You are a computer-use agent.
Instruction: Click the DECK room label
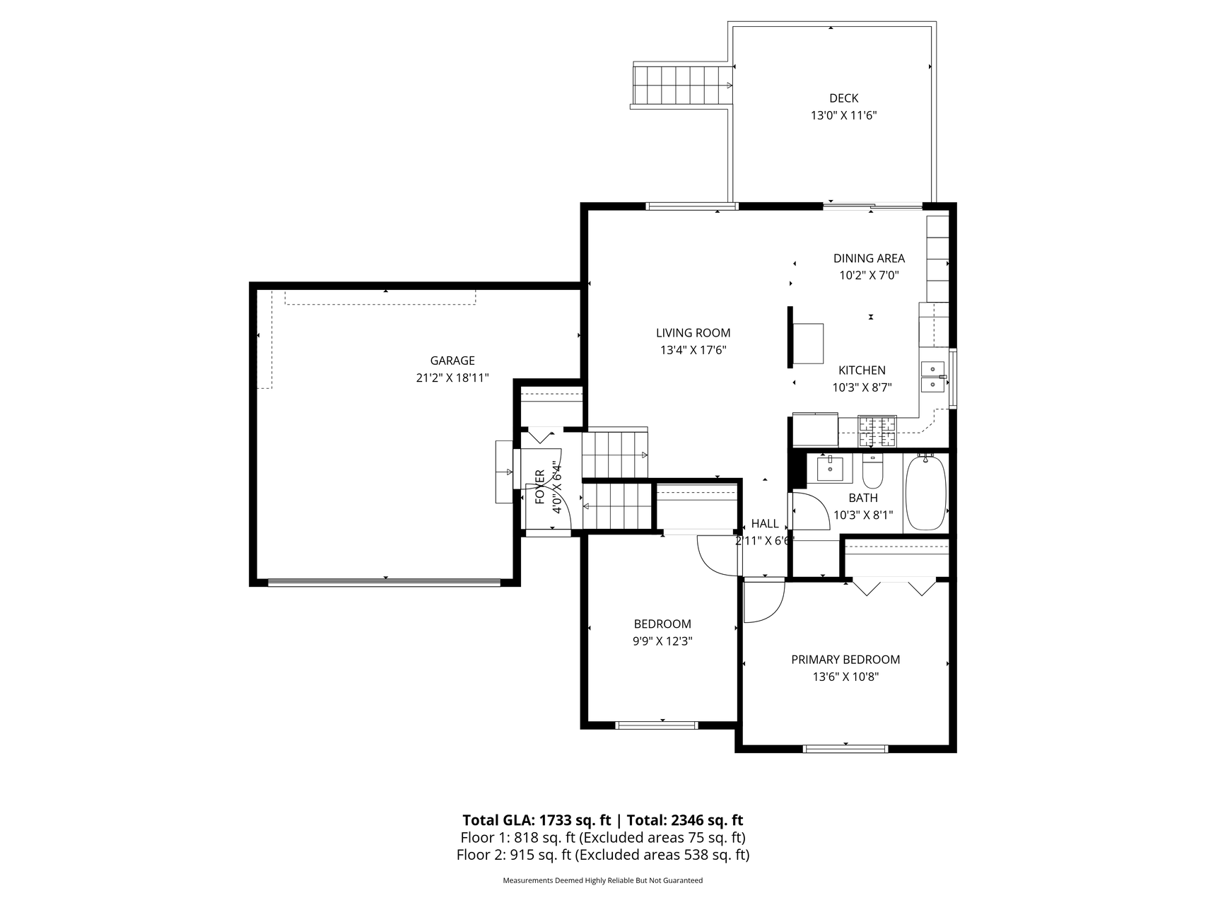click(x=843, y=98)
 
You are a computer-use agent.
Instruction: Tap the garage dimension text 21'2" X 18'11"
click(x=452, y=378)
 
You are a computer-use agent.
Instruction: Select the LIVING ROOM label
click(x=693, y=333)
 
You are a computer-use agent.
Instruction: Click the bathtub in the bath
click(x=925, y=494)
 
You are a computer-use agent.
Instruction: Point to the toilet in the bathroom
click(x=873, y=472)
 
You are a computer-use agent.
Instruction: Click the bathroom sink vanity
click(x=829, y=468)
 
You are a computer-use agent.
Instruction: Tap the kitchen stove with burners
click(x=877, y=431)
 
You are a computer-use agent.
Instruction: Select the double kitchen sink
click(x=932, y=376)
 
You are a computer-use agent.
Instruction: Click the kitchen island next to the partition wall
click(x=808, y=344)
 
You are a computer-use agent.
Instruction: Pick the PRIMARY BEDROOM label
click(x=845, y=660)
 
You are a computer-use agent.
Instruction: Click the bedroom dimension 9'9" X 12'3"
click(x=662, y=641)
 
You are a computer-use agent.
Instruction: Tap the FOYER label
click(x=540, y=486)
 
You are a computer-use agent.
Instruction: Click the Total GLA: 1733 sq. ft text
click(x=537, y=820)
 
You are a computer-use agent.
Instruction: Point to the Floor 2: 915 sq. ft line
click(x=603, y=855)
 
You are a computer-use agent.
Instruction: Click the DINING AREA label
click(x=869, y=259)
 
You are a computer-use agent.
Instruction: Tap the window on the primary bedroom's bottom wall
click(x=846, y=748)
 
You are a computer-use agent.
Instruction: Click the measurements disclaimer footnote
click(x=603, y=880)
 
